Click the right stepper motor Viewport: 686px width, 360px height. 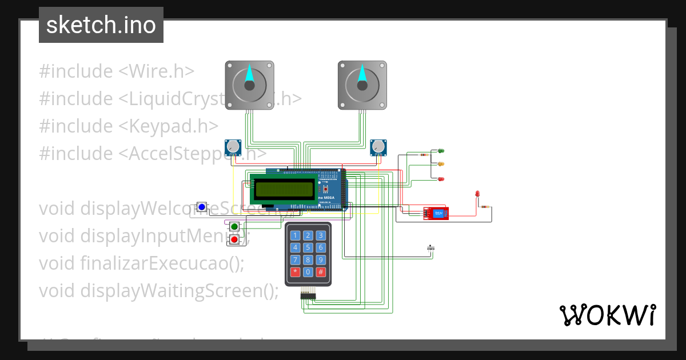362,85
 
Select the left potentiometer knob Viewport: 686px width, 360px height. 233,147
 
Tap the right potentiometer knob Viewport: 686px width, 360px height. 378,147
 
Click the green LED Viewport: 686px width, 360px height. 441,151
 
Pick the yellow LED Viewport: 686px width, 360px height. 441,164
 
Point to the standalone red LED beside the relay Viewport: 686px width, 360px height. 477,194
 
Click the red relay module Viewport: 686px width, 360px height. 436,213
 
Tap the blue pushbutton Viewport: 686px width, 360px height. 202,207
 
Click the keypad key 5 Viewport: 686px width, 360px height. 308,247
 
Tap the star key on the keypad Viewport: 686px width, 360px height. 295,272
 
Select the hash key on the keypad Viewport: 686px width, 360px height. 321,272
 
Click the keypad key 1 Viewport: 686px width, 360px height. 295,235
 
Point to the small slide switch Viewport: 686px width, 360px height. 431,248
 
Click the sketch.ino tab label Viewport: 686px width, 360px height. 101,25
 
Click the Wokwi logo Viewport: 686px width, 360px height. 607,315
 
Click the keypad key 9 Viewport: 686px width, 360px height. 321,260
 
